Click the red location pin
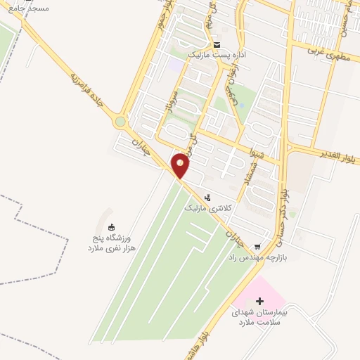(181, 165)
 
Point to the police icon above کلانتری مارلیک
(207, 199)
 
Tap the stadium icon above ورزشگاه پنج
(111, 226)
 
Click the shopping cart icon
(258, 246)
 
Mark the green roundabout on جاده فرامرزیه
(121, 122)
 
